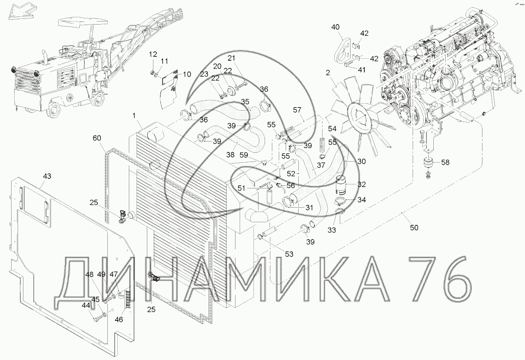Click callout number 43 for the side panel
click(x=47, y=176)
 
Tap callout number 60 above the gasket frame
click(x=97, y=138)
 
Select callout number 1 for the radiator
click(x=134, y=116)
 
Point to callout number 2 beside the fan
click(x=328, y=73)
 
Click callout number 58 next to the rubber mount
click(x=445, y=162)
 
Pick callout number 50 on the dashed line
click(x=414, y=228)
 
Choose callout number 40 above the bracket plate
click(x=335, y=27)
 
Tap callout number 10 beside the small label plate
click(x=187, y=74)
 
